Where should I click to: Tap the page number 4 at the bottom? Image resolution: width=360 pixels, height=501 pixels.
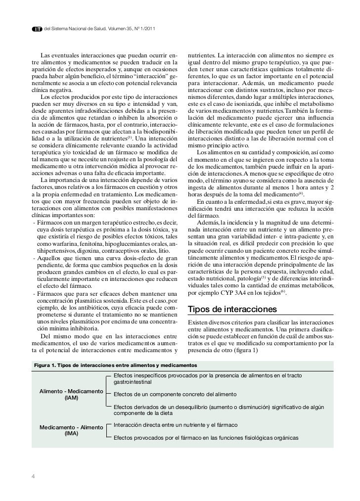pos(33,477)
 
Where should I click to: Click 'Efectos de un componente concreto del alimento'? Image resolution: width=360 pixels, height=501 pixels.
pos(175,394)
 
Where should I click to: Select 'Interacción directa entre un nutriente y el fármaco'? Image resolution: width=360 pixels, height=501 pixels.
pos(176,425)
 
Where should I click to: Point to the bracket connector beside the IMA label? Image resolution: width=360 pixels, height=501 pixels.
pos(108,431)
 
